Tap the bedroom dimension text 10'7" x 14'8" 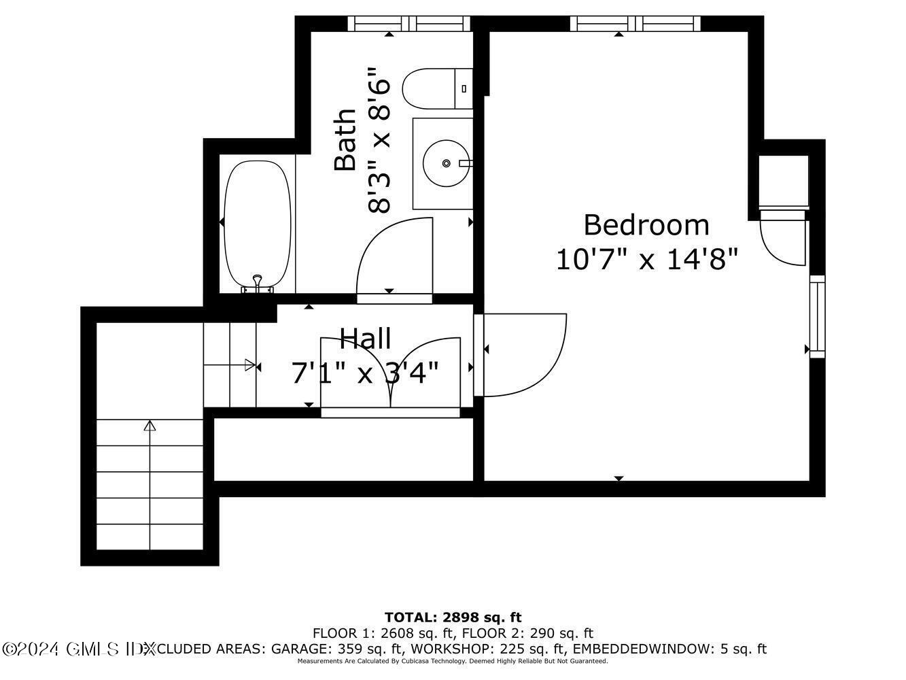pos(646,260)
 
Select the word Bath pos(345,139)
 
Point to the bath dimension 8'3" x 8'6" pos(379,139)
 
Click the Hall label pos(365,338)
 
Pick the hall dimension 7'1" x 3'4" pos(365,373)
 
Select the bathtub pos(257,224)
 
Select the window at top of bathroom pos(409,24)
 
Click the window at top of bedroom pos(635,24)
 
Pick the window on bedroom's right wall pos(817,316)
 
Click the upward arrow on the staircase pos(150,427)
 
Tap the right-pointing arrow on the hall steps pos(249,366)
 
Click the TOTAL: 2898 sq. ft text pos(453,617)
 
